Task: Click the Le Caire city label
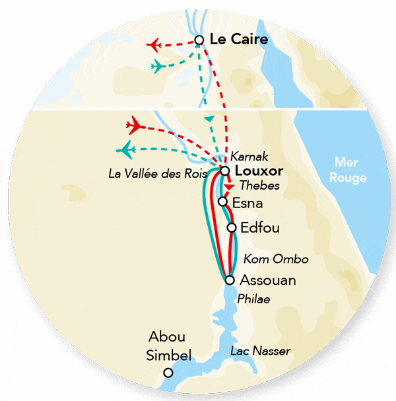(238, 40)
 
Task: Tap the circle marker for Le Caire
(199, 40)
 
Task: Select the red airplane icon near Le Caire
(156, 45)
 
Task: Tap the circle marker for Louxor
(225, 171)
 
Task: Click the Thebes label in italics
(259, 186)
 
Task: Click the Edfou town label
(260, 229)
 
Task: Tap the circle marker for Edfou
(232, 228)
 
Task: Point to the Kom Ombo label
(267, 258)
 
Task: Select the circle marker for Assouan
(230, 280)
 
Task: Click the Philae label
(255, 300)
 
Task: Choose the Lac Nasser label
(260, 351)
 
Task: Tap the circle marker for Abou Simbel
(168, 373)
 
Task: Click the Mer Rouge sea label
(350, 170)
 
